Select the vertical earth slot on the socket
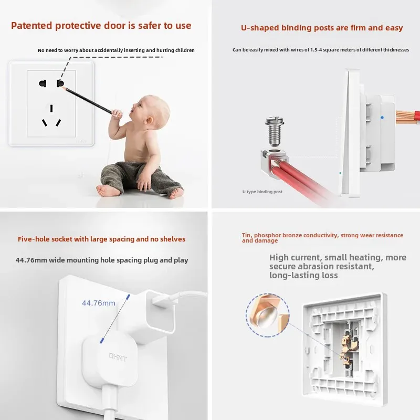(x=51, y=108)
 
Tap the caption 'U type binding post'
(x=262, y=192)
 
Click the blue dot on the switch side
(x=382, y=117)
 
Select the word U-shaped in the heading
(x=260, y=28)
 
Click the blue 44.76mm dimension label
(x=99, y=303)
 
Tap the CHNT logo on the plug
(x=118, y=357)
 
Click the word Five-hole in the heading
(x=33, y=239)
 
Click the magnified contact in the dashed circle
(x=267, y=316)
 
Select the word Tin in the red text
(x=246, y=235)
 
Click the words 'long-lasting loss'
(x=303, y=275)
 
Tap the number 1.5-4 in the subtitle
(x=316, y=50)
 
